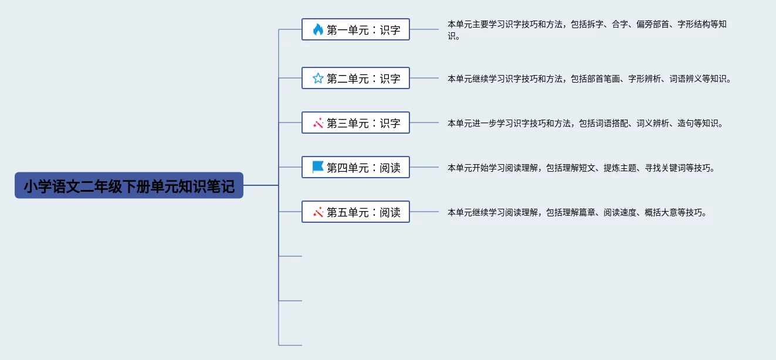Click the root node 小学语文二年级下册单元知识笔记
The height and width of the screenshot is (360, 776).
pyautogui.click(x=129, y=186)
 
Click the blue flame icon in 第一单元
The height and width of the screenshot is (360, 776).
pyautogui.click(x=318, y=29)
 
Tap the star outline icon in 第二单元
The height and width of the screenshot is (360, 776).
pyautogui.click(x=318, y=78)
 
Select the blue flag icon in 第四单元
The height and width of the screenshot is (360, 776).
pyautogui.click(x=318, y=167)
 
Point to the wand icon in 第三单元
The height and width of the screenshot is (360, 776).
pyautogui.click(x=318, y=123)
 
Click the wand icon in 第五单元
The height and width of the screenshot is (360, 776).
pyautogui.click(x=318, y=212)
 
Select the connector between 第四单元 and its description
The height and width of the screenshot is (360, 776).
pyautogui.click(x=423, y=168)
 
